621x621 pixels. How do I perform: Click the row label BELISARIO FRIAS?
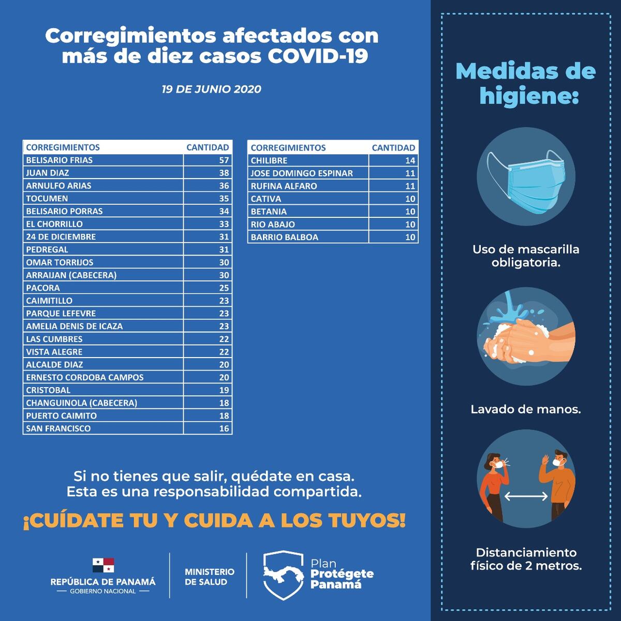(x=59, y=160)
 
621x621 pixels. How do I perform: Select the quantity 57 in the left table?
(x=224, y=160)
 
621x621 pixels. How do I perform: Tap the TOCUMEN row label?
(x=47, y=198)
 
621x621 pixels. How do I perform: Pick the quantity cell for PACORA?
(x=224, y=288)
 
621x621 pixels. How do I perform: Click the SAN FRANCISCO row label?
(x=58, y=428)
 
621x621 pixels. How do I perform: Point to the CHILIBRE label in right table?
(x=269, y=160)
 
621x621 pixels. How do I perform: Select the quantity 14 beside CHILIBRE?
(x=410, y=160)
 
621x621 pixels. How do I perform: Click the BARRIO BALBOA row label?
(x=284, y=237)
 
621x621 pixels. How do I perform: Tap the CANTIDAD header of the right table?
(x=393, y=147)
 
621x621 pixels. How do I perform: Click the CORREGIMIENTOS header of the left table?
(x=63, y=147)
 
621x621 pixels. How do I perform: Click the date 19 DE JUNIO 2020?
(x=211, y=89)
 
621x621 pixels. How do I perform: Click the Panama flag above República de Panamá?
(x=103, y=565)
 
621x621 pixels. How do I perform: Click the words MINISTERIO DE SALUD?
(x=209, y=576)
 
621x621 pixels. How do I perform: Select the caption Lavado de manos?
(x=525, y=409)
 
